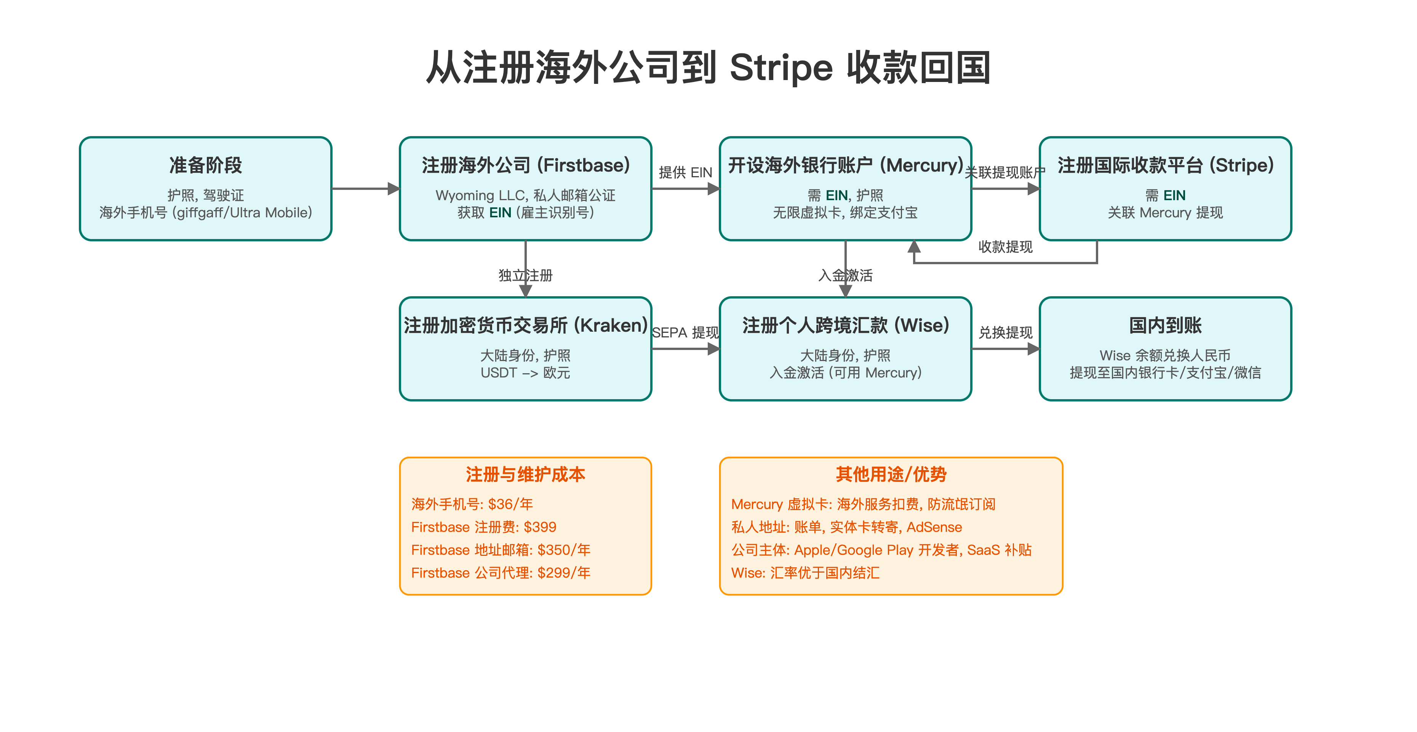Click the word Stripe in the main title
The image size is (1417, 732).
click(781, 68)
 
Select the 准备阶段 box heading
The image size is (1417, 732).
click(206, 165)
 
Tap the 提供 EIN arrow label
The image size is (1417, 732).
click(685, 173)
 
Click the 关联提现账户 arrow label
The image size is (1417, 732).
click(1005, 173)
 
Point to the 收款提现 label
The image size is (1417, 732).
click(1005, 247)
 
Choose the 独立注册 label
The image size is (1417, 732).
click(525, 275)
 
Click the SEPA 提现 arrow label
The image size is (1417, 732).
click(685, 332)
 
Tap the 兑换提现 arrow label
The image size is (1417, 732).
click(1005, 332)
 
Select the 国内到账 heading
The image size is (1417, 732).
click(1165, 325)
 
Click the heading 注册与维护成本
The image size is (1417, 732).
click(525, 474)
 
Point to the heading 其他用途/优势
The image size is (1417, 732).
click(891, 474)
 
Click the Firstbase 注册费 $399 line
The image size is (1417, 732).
click(483, 527)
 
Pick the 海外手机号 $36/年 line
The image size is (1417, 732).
click(472, 504)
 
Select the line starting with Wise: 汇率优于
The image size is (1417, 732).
click(805, 573)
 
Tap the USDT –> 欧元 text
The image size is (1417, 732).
click(525, 373)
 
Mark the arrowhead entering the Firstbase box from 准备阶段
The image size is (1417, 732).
click(393, 189)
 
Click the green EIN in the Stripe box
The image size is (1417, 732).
click(1174, 195)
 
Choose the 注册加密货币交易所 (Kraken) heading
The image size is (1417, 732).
click(525, 325)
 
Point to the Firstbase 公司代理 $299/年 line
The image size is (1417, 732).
click(501, 573)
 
